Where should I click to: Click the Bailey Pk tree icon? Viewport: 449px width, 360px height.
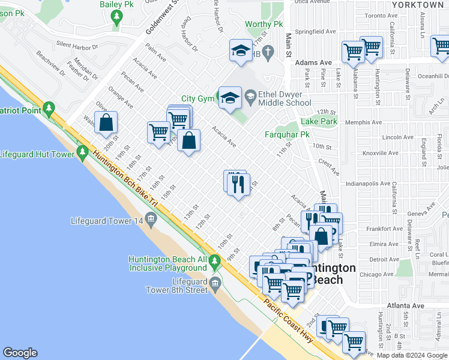[117, 19]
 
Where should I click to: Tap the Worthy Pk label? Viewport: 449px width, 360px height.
[263, 25]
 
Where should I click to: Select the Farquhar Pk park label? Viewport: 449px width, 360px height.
[287, 135]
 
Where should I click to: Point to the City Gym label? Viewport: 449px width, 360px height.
[197, 98]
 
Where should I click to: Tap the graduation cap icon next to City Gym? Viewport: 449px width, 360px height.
[229, 98]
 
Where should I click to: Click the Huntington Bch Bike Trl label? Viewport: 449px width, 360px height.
[125, 180]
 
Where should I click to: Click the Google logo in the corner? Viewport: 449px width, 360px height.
[20, 353]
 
